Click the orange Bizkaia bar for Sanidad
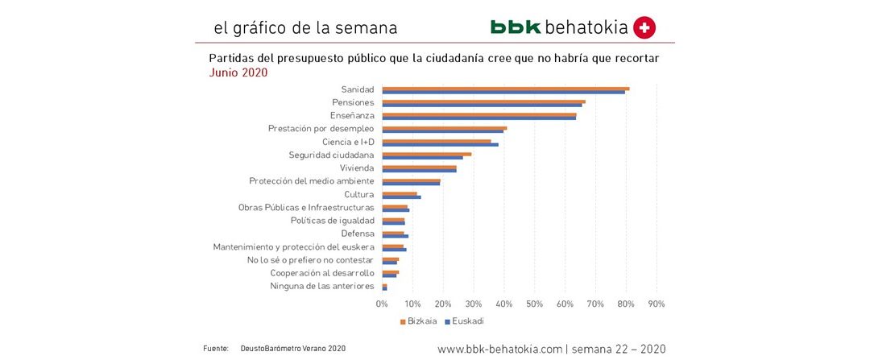point(505,88)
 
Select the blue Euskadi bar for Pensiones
point(482,105)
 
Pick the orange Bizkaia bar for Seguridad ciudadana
point(426,153)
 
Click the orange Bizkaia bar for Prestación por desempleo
point(444,127)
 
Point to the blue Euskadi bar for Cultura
point(401,197)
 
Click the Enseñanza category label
point(351,116)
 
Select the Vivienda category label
point(357,168)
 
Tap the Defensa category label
point(358,234)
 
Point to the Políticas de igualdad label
point(332,220)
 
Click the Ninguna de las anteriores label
point(322,286)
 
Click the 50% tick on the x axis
point(534,304)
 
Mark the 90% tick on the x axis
point(657,304)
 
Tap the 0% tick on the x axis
point(383,304)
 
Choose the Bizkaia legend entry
point(419,321)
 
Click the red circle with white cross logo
point(644,27)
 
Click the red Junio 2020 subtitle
point(238,72)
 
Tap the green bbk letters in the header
point(516,27)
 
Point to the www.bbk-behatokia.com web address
point(499,349)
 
